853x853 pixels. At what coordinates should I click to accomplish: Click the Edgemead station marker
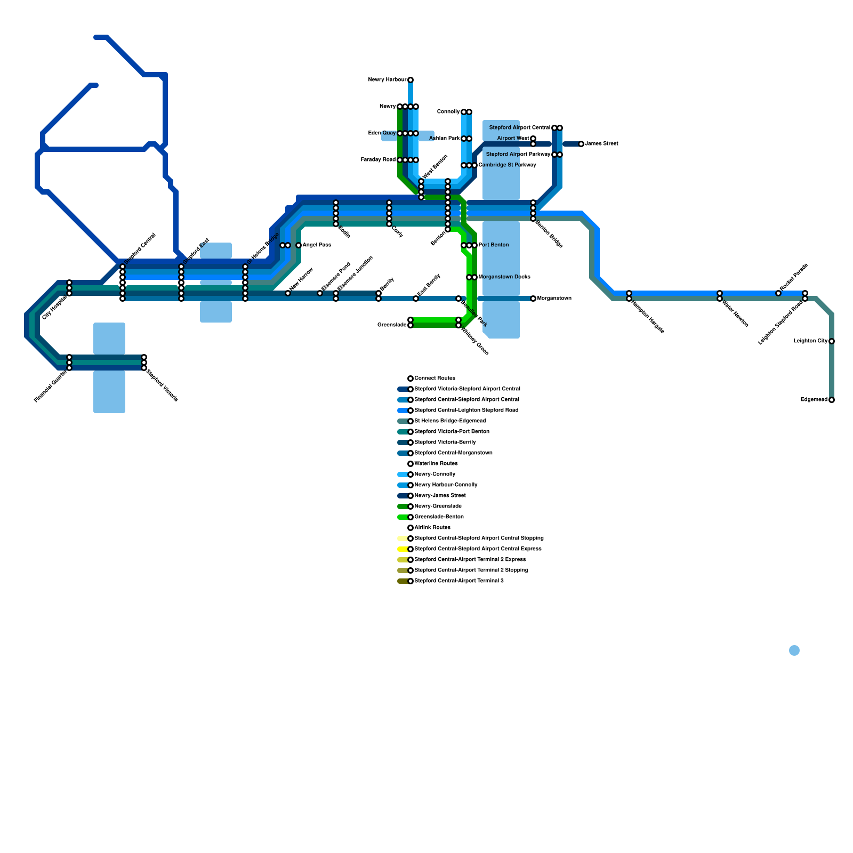pos(831,400)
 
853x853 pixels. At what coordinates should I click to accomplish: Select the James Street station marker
pos(581,144)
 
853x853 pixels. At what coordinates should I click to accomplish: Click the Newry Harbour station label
pos(387,80)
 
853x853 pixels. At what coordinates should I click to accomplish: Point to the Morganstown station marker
pos(533,299)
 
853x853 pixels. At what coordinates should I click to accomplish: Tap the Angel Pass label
pos(317,245)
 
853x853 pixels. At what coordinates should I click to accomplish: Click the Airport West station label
pos(513,139)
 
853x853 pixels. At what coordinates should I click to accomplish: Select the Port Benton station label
pos(494,245)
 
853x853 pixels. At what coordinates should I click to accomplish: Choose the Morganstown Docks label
pos(504,277)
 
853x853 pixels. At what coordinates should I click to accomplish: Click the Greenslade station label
pos(392,325)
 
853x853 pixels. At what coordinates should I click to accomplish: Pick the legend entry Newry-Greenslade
pos(438,506)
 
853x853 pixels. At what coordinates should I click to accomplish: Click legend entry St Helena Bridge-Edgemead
pos(450,421)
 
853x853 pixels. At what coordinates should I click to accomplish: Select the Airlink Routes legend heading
pos(432,528)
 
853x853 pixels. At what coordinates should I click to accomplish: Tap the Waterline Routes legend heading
pos(436,464)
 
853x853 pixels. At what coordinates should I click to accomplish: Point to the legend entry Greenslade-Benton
pos(439,517)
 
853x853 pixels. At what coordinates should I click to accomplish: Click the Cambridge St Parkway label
pos(507,165)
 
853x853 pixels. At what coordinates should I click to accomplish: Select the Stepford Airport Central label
pos(519,128)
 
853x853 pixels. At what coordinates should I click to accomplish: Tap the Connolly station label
pos(448,112)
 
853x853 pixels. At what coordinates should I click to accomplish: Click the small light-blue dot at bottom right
pos(794,650)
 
